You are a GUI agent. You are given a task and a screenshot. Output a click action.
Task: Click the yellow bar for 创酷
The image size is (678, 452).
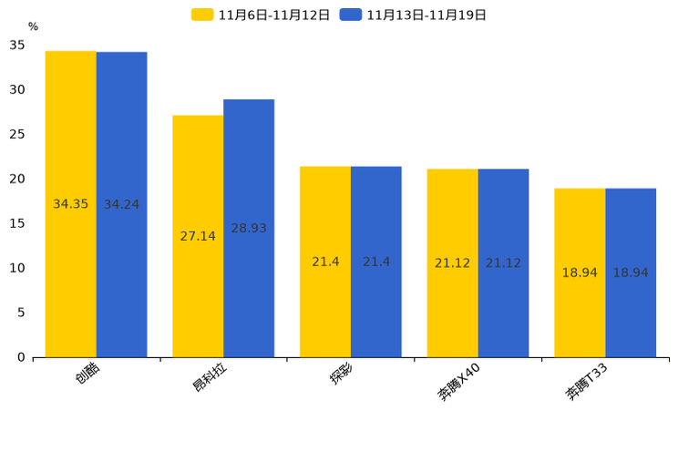coord(71,204)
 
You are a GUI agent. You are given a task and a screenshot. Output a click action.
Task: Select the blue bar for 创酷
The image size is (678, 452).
coord(121,205)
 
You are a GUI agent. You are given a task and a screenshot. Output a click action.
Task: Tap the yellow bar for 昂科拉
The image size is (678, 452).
coord(198,237)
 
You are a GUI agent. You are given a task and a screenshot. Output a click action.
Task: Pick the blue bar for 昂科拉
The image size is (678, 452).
coord(249,229)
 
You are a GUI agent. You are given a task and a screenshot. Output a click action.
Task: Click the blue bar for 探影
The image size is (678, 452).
coord(375,262)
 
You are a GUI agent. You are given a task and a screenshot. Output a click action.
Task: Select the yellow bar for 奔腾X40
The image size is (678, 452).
coord(452,263)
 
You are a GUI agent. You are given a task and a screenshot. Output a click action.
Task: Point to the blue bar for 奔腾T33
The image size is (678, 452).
coord(631,272)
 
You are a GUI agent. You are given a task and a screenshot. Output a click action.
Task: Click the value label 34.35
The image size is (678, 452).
coord(70,204)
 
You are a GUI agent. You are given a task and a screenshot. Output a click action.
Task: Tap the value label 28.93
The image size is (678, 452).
coord(249,228)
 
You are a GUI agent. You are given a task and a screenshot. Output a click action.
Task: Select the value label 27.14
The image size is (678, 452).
coord(198,236)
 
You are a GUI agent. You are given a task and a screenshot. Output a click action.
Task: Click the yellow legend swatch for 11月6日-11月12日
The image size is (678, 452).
coord(202,15)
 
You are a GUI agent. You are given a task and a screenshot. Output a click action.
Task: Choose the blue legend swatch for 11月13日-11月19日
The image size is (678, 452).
coord(351,15)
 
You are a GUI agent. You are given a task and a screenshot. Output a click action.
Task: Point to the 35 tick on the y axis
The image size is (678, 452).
coord(17,45)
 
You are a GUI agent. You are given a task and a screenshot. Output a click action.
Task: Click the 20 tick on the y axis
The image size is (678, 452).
coord(17,179)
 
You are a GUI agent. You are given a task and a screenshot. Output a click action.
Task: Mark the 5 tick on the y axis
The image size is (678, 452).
coord(21,313)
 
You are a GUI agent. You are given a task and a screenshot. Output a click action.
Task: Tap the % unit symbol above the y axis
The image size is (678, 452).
coord(34,26)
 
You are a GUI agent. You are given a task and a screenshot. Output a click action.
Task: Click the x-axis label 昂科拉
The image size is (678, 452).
coord(210,376)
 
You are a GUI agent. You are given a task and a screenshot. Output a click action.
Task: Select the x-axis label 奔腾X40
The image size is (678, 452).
coord(458,382)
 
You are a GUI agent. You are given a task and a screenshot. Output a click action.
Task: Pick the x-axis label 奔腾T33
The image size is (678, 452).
coord(586,382)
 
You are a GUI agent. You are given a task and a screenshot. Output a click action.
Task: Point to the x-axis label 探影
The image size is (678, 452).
coord(342,373)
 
